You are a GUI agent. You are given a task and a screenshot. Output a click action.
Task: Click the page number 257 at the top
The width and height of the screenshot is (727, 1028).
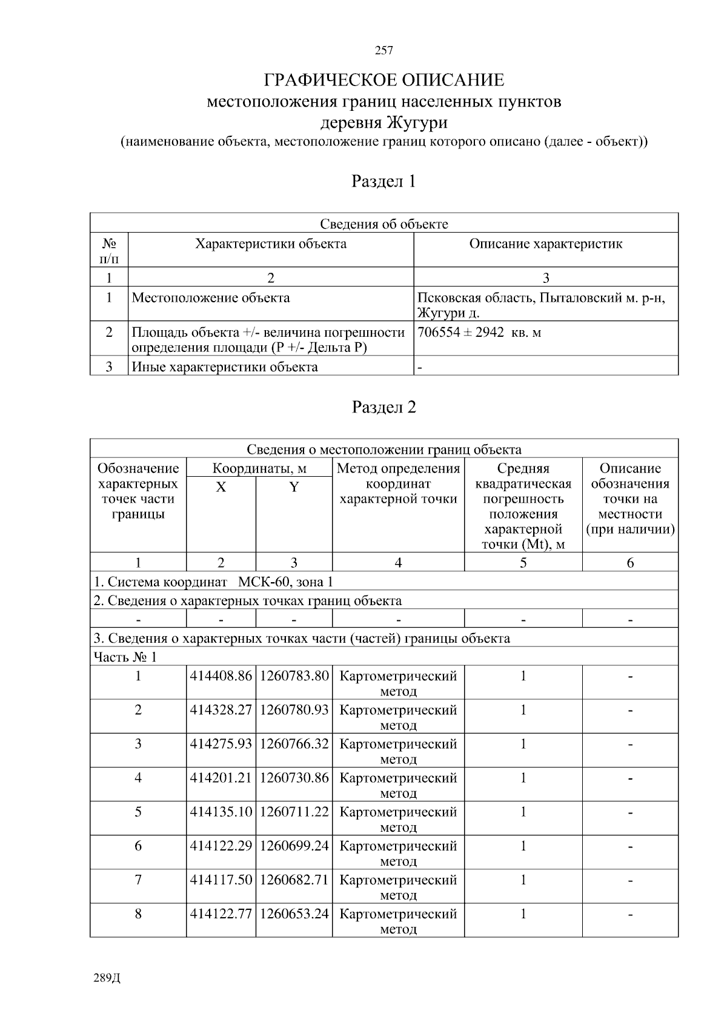384,51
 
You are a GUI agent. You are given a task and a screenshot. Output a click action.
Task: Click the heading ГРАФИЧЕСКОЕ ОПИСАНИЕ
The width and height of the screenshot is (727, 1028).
384,80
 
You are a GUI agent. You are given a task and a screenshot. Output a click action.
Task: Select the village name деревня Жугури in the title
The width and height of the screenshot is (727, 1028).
384,123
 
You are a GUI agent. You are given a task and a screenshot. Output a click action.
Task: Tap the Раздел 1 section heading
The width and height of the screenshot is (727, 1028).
384,181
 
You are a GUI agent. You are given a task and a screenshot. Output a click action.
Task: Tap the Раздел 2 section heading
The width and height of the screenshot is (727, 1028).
384,407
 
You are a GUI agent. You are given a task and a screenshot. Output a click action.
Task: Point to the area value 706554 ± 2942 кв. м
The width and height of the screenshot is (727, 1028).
479,333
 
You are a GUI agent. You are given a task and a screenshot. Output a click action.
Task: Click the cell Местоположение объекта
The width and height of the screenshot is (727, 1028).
211,298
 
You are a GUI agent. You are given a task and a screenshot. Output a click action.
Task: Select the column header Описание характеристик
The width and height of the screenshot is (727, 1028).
546,244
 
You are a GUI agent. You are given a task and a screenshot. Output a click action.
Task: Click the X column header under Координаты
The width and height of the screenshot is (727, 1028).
221,487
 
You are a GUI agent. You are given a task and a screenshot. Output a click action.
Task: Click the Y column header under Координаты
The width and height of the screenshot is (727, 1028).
294,487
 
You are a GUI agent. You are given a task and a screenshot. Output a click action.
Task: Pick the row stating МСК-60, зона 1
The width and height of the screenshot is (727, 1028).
213,582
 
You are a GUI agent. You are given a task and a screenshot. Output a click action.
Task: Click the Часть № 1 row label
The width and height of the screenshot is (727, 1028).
125,657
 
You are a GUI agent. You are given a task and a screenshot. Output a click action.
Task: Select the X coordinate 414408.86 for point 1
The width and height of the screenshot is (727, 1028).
221,676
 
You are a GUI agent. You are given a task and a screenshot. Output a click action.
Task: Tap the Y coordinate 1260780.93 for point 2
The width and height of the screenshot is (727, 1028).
294,710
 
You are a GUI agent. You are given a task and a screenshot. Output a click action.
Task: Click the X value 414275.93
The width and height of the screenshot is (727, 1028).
221,744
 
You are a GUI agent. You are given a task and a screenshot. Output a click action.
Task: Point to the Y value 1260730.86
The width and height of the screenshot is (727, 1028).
294,778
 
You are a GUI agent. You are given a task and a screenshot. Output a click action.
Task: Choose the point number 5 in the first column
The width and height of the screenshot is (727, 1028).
138,812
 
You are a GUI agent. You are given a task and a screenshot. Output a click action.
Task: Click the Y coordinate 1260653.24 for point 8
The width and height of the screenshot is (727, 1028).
294,914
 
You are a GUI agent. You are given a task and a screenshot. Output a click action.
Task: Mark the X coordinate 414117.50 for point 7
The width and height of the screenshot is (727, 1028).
221,880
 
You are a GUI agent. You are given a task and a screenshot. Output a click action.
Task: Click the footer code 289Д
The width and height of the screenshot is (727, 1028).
108,978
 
